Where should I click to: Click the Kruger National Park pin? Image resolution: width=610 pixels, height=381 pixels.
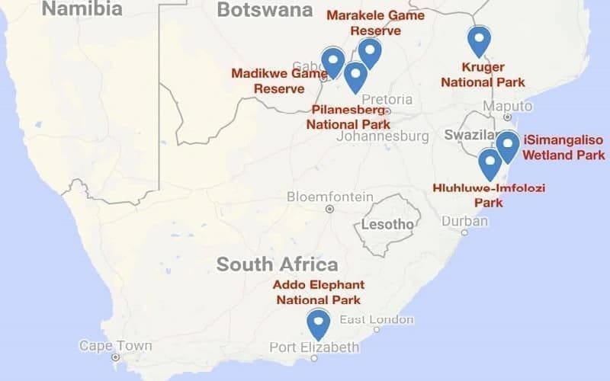[x=479, y=40]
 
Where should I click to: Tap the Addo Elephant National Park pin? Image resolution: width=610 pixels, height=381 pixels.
[x=318, y=323]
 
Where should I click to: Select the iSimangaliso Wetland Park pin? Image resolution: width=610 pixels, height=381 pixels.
[x=507, y=145]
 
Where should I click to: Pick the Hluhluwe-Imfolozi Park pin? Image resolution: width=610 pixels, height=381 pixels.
[x=490, y=163]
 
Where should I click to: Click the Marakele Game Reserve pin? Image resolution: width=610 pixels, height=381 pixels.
[x=370, y=52]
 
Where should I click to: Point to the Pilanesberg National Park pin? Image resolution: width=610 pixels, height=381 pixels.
[x=355, y=75]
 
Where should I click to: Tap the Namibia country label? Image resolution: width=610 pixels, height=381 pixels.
[x=82, y=9]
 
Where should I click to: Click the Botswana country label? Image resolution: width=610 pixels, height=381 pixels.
[x=265, y=10]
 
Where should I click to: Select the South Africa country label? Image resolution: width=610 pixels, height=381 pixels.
[x=277, y=264]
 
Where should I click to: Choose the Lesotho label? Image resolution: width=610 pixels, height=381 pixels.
[x=387, y=224]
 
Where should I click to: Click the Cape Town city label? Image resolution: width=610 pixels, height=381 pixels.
[x=116, y=346]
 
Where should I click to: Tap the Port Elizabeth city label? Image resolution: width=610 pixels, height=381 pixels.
[x=314, y=347]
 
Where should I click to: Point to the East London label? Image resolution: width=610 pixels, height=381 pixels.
[x=377, y=320]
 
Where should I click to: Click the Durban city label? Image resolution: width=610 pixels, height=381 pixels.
[x=464, y=221]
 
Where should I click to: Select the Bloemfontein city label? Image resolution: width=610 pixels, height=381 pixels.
[x=330, y=197]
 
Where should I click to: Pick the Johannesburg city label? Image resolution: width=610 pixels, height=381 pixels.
[x=382, y=136]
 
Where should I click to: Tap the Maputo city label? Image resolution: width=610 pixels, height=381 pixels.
[x=508, y=105]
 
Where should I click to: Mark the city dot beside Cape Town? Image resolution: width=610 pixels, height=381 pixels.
[x=115, y=357]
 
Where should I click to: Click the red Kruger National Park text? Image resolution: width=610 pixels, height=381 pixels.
[x=483, y=74]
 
